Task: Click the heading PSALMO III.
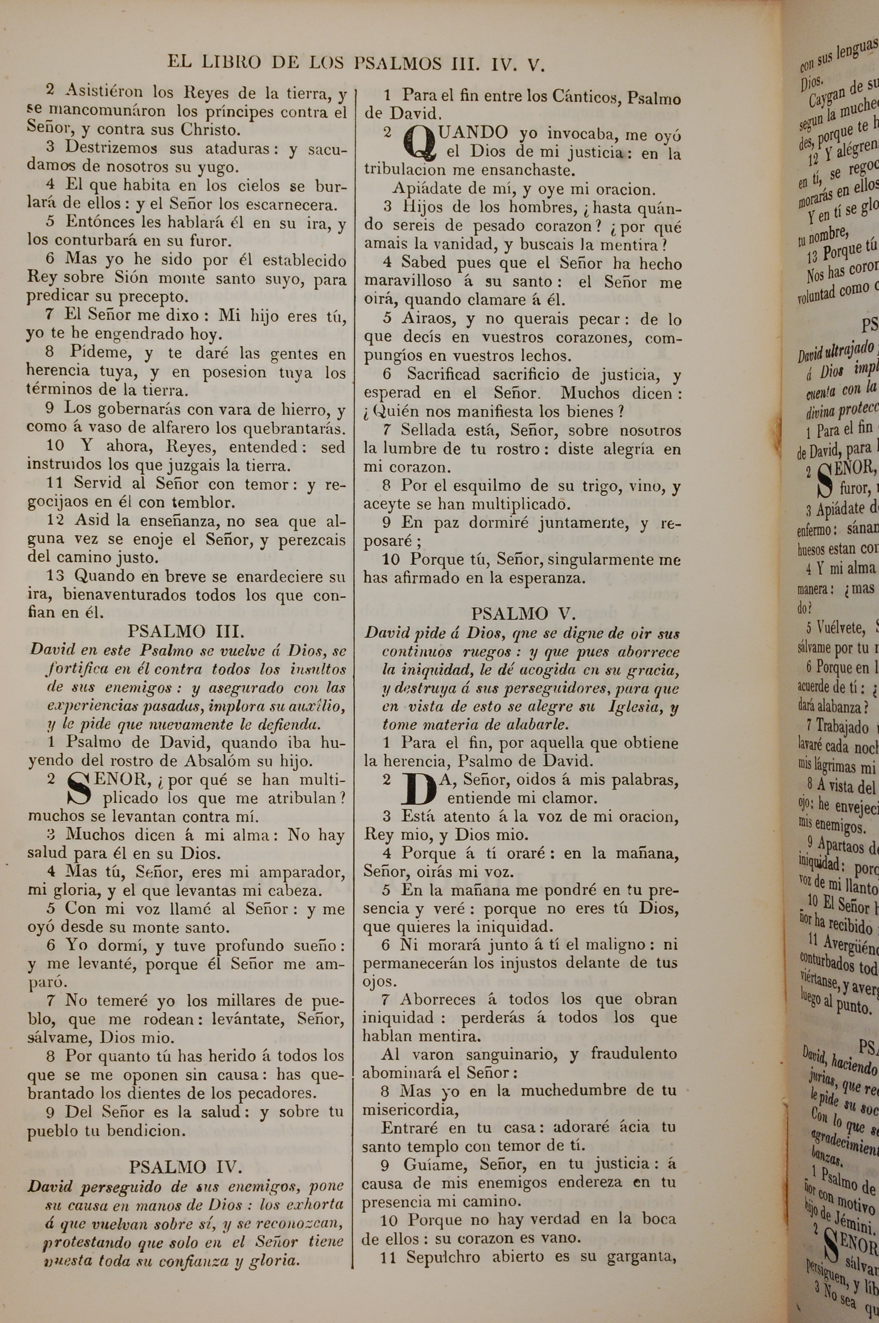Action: pos(185,632)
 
